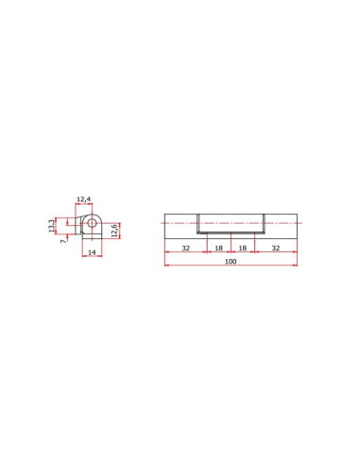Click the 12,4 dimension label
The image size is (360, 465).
pyautogui.click(x=84, y=199)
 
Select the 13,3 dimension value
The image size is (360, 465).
pyautogui.click(x=52, y=226)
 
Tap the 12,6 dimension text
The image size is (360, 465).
pyautogui.click(x=114, y=231)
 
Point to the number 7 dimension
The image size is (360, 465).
pyautogui.click(x=64, y=241)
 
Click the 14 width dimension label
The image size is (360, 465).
pyautogui.click(x=92, y=252)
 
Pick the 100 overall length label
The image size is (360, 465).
pyautogui.click(x=231, y=261)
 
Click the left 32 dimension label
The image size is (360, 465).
pyautogui.click(x=186, y=248)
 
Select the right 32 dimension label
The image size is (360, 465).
pyautogui.click(x=276, y=248)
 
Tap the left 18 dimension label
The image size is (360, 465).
pyautogui.click(x=218, y=248)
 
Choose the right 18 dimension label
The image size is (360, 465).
pyautogui.click(x=243, y=248)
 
